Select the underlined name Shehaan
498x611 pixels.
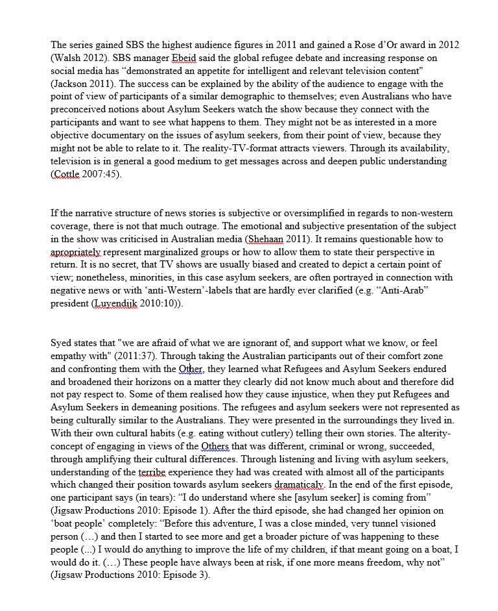point(263,240)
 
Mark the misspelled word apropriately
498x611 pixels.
point(76,253)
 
